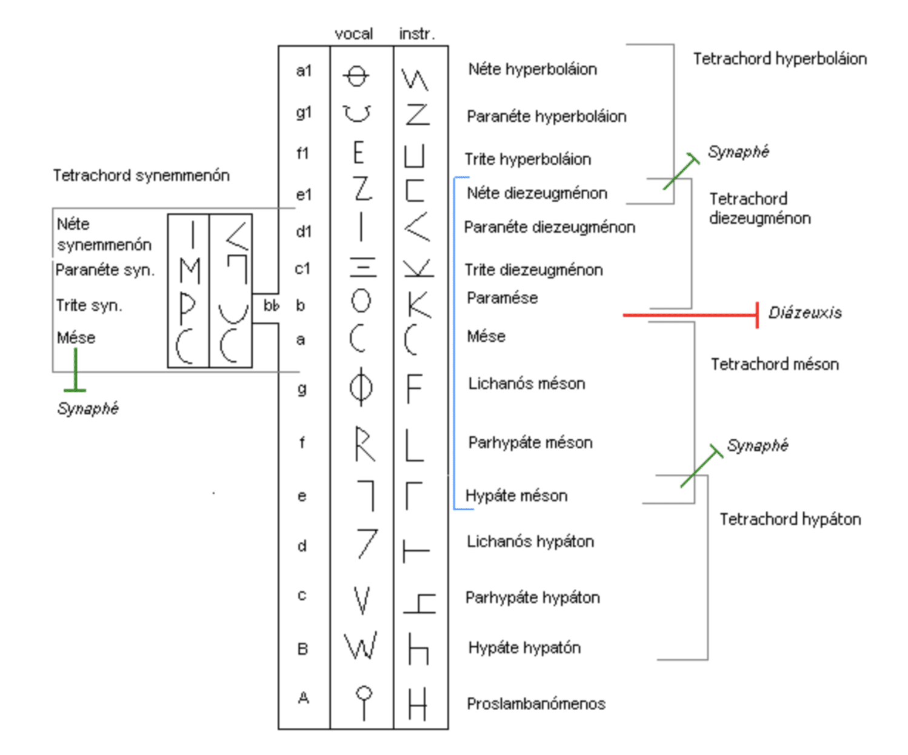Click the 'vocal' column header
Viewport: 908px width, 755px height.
(x=353, y=33)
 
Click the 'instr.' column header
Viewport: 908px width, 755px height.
(x=417, y=33)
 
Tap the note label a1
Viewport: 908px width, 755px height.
(x=304, y=70)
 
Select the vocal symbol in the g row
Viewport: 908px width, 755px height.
(x=361, y=387)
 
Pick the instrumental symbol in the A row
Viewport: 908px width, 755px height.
(x=418, y=703)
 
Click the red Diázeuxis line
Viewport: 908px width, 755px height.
(x=691, y=314)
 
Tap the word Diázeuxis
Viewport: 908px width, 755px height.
(x=805, y=313)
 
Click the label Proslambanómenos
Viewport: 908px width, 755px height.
(x=536, y=703)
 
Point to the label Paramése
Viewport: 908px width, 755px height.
(x=502, y=298)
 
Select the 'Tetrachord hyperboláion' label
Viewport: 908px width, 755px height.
(x=779, y=59)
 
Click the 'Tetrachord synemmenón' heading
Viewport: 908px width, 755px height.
(x=141, y=176)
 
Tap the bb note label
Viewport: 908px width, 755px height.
(x=271, y=305)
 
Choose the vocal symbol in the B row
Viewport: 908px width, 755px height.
(x=361, y=646)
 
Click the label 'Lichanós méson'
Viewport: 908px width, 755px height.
(x=527, y=384)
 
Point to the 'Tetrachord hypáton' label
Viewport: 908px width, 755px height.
(x=790, y=519)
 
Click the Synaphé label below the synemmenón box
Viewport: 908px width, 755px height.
(x=88, y=408)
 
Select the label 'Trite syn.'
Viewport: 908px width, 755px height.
(x=89, y=305)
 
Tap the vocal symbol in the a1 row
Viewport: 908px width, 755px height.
(x=356, y=76)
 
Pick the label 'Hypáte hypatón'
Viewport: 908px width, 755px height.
(x=524, y=648)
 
